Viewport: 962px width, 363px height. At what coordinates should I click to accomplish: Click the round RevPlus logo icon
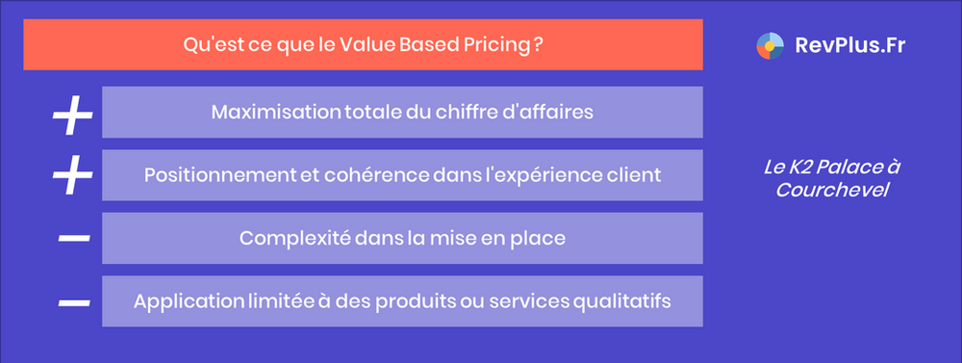[771, 44]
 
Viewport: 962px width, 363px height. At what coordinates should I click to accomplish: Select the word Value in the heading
[365, 44]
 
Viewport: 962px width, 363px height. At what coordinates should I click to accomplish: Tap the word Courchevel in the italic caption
[832, 190]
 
